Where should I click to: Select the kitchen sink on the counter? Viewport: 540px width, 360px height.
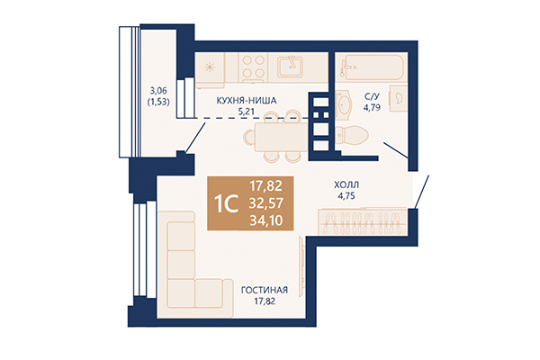[290, 67]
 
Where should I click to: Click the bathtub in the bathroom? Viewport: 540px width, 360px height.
[371, 67]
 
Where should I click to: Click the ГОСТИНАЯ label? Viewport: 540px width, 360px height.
[264, 290]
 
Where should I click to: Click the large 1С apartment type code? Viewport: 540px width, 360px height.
[227, 202]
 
